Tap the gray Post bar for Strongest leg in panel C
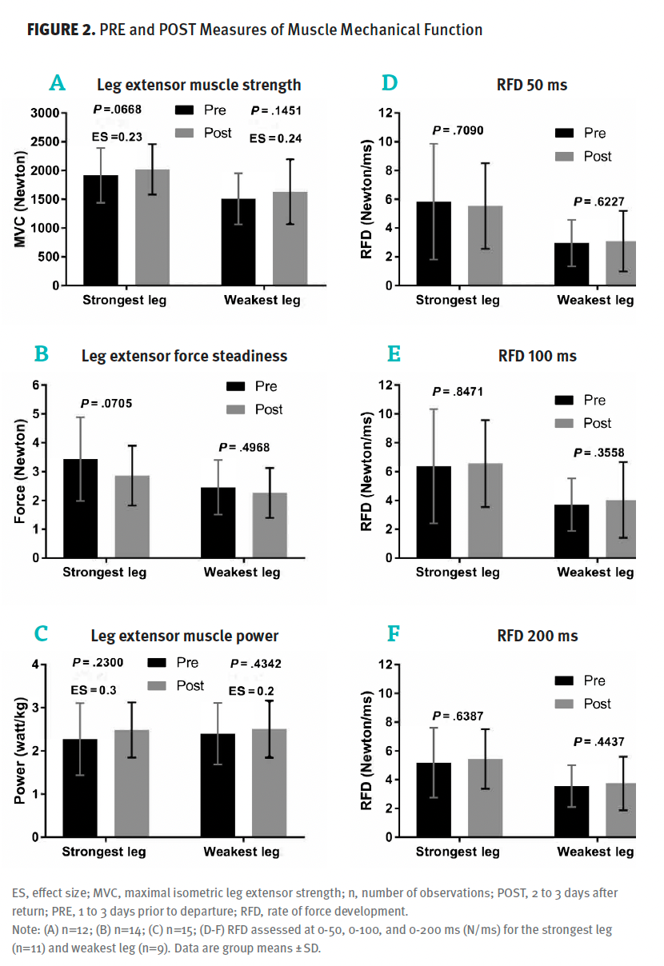pos(131,783)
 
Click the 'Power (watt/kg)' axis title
pos(20,751)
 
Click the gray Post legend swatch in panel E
pos(566,423)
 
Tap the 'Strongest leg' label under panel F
pos(458,852)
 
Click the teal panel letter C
pos(42,634)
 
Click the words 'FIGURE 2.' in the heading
pos(62,30)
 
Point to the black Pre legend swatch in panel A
pos(185,110)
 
